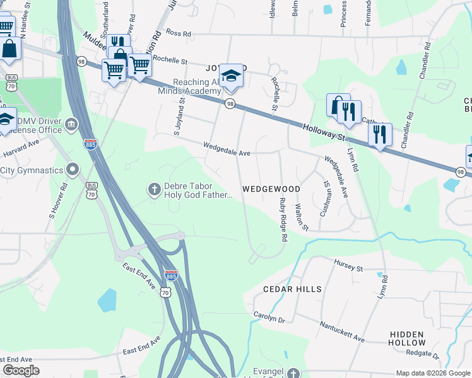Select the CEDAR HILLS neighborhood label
coord(292,289)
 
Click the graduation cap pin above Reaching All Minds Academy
coord(231,77)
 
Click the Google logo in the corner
coord(21,370)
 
